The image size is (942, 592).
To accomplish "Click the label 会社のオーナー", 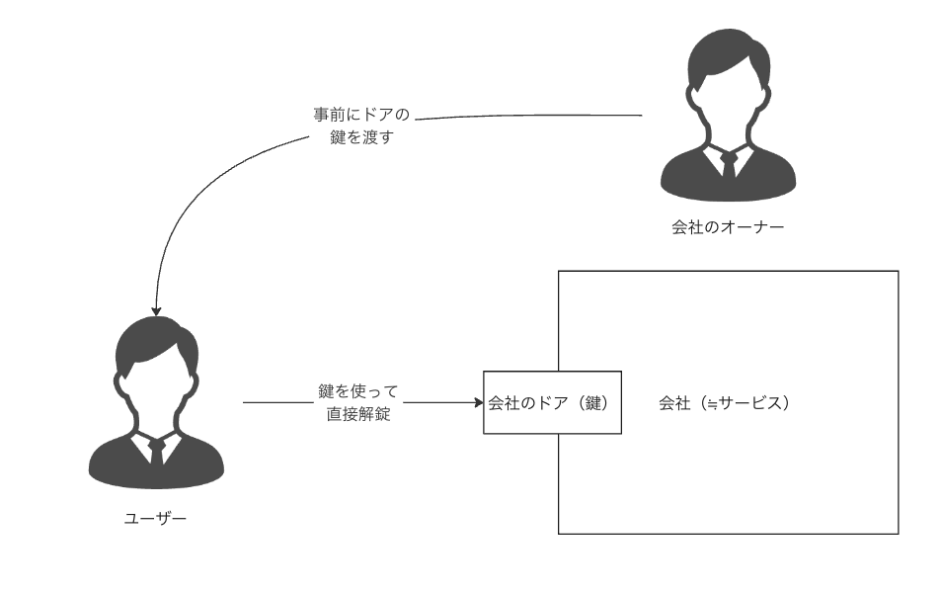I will (x=728, y=228).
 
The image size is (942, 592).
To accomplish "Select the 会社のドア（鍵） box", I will (x=552, y=403).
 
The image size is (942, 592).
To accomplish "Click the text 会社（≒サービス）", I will (x=726, y=403).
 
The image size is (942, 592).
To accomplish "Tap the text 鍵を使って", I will (x=358, y=393).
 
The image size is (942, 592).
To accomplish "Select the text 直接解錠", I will (x=358, y=415).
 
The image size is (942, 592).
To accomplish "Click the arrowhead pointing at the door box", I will (x=477, y=403).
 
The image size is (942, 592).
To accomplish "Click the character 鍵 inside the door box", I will (x=594, y=403).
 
